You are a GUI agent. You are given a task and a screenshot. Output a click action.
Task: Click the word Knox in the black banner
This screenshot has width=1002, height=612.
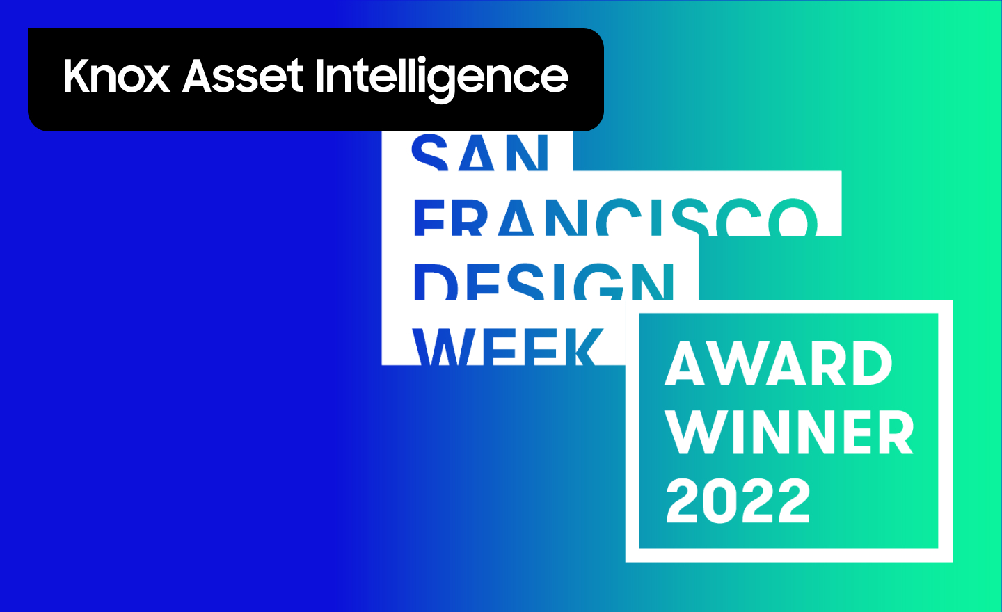click(x=117, y=75)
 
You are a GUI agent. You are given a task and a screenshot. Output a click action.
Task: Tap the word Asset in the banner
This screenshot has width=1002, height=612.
click(x=243, y=76)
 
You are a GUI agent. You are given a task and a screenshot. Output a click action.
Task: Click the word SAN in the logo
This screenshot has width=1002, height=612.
click(x=479, y=152)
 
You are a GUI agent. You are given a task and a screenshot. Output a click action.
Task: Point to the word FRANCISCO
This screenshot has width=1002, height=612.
click(x=616, y=217)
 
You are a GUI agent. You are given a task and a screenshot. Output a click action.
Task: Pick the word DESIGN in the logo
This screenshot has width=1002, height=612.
click(x=544, y=282)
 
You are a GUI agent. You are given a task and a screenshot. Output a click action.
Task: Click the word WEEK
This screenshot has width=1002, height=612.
click(x=507, y=347)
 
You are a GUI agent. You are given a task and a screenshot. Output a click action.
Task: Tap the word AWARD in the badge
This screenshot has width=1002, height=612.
click(x=779, y=363)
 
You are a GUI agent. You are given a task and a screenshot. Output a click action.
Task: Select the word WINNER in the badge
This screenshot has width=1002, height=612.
click(x=789, y=432)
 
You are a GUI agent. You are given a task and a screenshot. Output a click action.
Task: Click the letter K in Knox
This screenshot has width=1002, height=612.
click(x=77, y=75)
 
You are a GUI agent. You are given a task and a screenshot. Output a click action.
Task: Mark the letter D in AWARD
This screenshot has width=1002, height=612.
click(x=871, y=363)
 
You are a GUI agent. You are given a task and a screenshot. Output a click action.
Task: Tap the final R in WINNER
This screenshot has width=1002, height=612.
click(x=895, y=432)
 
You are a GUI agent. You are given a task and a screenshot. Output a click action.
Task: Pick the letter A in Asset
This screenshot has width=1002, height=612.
click(x=198, y=75)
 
